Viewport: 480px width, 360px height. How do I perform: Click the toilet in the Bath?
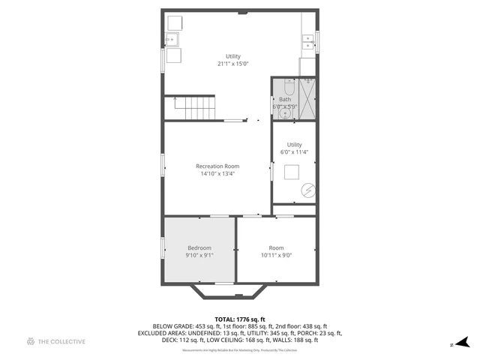click(x=291, y=86)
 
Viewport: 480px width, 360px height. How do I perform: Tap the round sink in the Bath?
click(x=284, y=114)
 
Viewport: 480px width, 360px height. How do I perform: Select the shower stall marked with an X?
click(x=307, y=97)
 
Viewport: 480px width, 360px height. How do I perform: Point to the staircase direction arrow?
click(x=178, y=101)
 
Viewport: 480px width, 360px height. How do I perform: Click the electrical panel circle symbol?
click(x=307, y=190)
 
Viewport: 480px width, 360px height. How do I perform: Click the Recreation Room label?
click(x=217, y=166)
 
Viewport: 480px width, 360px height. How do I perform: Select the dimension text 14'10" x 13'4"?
click(x=217, y=174)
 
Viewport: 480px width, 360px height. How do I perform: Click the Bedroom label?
click(x=199, y=247)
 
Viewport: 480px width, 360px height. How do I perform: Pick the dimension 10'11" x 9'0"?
click(x=277, y=255)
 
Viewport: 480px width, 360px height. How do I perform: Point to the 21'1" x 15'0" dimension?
click(x=233, y=64)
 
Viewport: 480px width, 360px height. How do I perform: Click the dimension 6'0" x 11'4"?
click(x=294, y=152)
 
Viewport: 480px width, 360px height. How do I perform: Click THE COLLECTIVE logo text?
click(x=62, y=342)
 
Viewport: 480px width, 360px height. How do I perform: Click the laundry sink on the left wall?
click(x=171, y=39)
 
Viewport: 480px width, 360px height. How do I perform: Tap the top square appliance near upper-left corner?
click(x=174, y=21)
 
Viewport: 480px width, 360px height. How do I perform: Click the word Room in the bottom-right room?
click(x=277, y=247)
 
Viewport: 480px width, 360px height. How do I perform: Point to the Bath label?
click(x=285, y=99)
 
